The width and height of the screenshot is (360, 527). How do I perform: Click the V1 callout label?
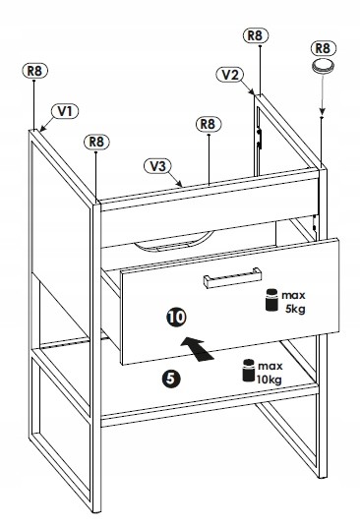[x=65, y=111]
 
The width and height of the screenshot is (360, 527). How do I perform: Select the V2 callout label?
[x=230, y=75]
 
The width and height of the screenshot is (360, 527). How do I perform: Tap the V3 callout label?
[x=157, y=166]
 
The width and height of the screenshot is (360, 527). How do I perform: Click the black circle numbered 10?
[x=176, y=317]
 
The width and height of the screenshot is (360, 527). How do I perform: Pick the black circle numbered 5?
[x=171, y=379]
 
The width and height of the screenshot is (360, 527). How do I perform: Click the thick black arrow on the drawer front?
[x=198, y=348]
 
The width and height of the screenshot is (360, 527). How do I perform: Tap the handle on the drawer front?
[x=232, y=277]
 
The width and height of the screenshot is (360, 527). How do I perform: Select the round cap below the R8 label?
[x=324, y=66]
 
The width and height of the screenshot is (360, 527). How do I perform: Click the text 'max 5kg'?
[x=294, y=302]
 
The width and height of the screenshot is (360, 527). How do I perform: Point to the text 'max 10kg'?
[x=270, y=373]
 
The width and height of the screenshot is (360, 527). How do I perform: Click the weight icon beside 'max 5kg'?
[x=271, y=300]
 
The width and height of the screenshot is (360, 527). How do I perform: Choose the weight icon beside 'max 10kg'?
[x=249, y=371]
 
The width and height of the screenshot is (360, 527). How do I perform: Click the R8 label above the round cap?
[x=323, y=48]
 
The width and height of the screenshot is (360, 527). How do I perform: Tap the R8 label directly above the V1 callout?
[x=35, y=71]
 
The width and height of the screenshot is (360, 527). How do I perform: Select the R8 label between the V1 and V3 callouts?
[x=96, y=142]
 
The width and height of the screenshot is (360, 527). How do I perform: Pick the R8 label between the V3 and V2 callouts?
[x=209, y=124]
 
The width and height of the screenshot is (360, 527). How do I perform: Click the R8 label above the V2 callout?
[x=256, y=35]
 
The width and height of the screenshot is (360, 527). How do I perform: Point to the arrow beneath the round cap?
[x=322, y=95]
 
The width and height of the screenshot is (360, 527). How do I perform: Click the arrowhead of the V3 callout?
[x=180, y=185]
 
